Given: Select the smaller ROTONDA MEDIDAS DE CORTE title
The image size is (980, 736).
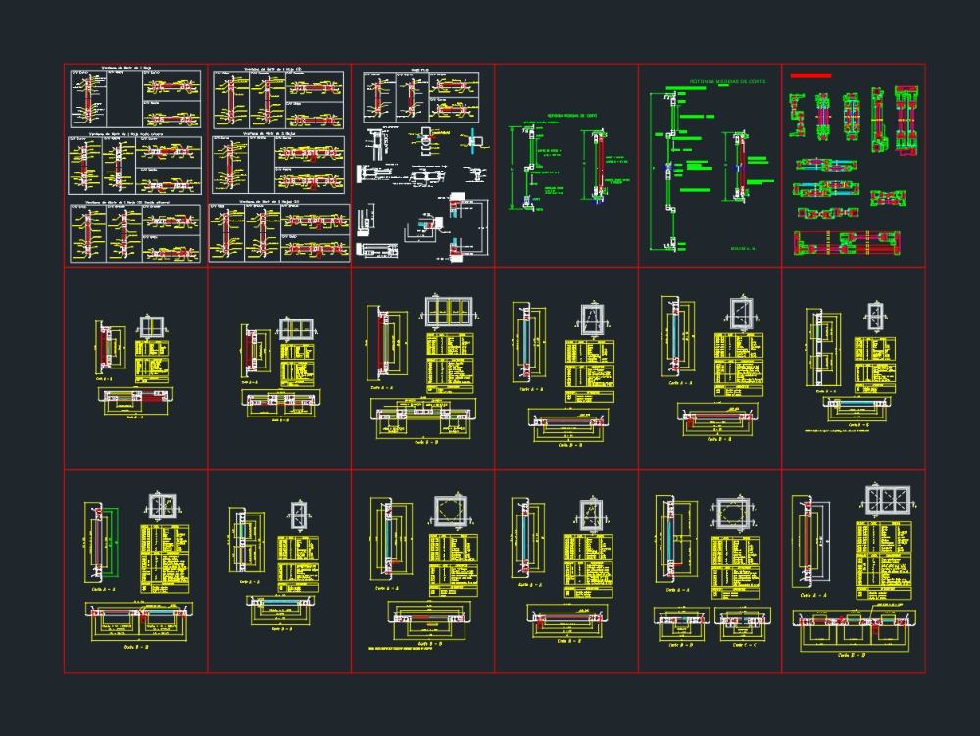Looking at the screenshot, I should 572,115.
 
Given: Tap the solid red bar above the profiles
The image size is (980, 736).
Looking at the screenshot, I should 810,75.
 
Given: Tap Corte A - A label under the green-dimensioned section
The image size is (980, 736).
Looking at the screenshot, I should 102,590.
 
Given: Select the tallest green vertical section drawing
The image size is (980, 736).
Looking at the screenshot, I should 670,167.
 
